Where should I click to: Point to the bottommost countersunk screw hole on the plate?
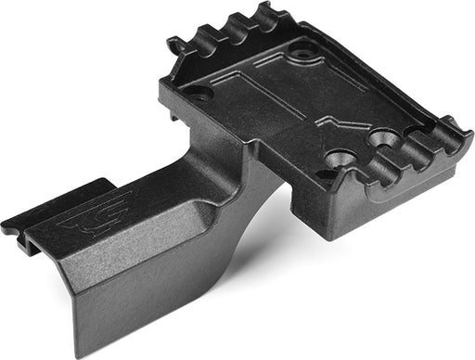338,161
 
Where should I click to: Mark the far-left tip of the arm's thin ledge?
6,225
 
